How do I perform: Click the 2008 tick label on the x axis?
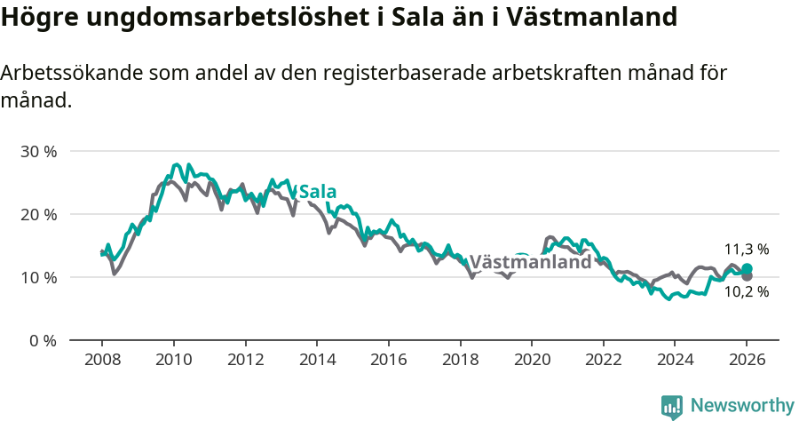(101, 361)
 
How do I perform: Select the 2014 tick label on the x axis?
(316, 361)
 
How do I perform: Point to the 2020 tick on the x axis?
(531, 361)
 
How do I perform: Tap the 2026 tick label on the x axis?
(747, 361)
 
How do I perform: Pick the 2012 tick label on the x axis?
(245, 361)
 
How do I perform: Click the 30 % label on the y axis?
(38, 152)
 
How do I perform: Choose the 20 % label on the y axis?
(38, 215)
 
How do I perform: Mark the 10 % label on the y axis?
(38, 278)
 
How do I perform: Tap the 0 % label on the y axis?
(43, 341)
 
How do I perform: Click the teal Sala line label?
(318, 192)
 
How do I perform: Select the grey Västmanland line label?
(530, 262)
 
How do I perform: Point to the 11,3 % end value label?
(747, 250)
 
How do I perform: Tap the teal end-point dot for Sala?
(747, 268)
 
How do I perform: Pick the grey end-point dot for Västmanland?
(747, 276)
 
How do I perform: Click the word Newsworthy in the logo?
(742, 406)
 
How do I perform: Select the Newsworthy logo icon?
(672, 407)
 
